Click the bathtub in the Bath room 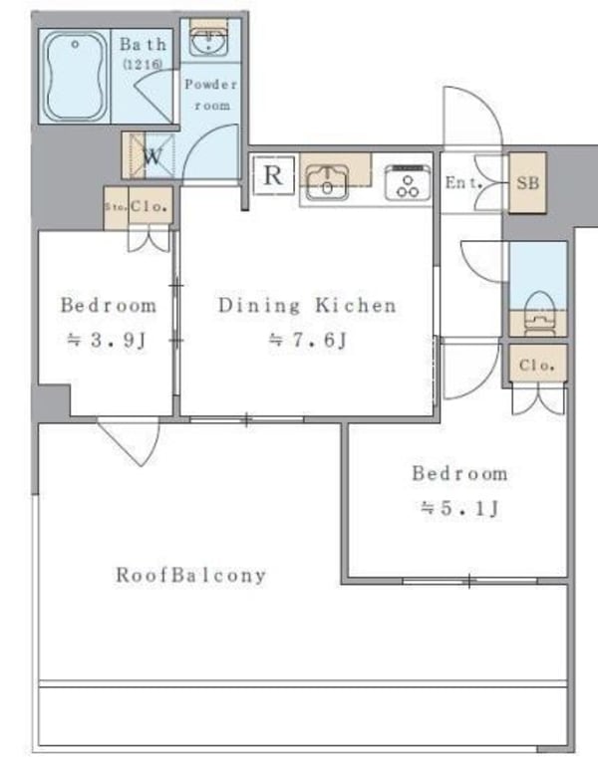(74, 74)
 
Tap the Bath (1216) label (144, 53)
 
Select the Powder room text (209, 95)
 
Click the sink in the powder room (208, 43)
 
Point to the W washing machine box (149, 155)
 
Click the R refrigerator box (273, 177)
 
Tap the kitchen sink (326, 182)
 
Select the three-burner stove (406, 182)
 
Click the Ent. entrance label (461, 182)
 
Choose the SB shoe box (527, 183)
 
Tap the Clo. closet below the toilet (537, 365)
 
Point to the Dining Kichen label (307, 305)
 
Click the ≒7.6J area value (307, 341)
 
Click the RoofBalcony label (191, 575)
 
